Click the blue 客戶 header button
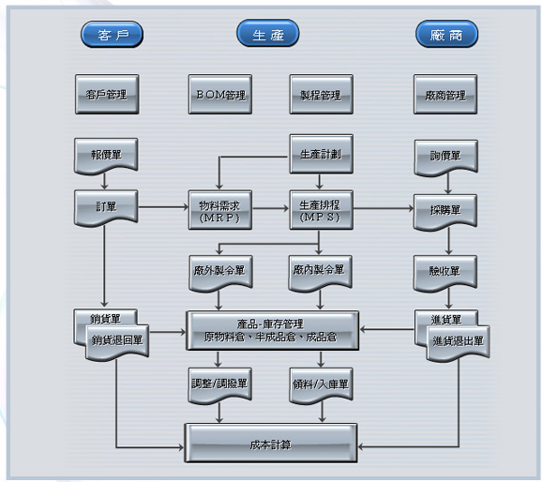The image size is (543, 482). [112, 35]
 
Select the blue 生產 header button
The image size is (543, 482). [268, 33]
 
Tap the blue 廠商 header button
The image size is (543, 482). [446, 34]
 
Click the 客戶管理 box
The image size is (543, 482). [107, 94]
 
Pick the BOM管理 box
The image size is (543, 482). [220, 94]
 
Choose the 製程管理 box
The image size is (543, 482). [322, 94]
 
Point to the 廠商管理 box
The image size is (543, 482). [445, 94]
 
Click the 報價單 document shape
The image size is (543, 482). [106, 156]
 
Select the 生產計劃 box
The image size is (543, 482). [322, 154]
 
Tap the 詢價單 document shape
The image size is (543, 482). [446, 158]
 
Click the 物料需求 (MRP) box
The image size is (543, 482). [220, 210]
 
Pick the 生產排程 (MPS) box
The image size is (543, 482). [322, 210]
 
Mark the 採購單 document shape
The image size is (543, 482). [445, 212]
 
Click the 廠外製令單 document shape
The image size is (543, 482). [220, 273]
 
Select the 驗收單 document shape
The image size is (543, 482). [445, 273]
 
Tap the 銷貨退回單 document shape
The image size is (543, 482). [117, 342]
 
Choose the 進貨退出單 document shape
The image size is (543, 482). [459, 343]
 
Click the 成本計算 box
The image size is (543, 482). [271, 443]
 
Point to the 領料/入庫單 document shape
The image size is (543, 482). [322, 385]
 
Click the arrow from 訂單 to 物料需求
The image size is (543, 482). [163, 207]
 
